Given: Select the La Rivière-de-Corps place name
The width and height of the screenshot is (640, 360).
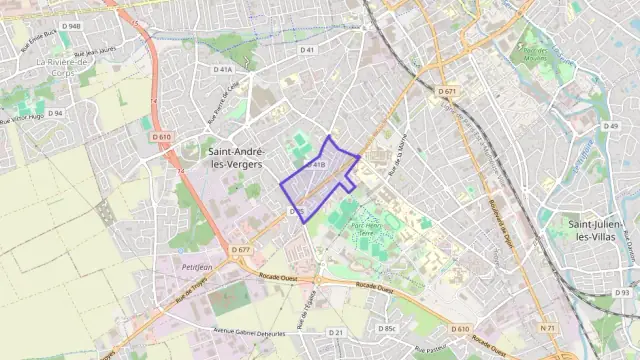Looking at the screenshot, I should pos(70,67).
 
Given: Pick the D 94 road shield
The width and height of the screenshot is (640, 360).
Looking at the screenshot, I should pos(55,113).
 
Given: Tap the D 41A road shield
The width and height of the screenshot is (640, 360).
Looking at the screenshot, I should pos(222,70).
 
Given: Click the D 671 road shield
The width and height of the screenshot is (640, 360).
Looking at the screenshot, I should pos(446,92).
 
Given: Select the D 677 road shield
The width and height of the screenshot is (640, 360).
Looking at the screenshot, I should pos(240,249).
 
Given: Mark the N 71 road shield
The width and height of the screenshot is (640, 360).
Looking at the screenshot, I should pos(547,328).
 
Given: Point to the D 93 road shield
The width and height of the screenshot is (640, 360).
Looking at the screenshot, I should pos(621,292).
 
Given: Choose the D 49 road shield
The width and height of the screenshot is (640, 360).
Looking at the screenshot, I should pos(611,126).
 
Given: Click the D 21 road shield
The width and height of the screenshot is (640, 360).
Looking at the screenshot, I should pos(336,332).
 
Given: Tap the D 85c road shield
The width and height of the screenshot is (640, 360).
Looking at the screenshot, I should pos(388,328).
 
